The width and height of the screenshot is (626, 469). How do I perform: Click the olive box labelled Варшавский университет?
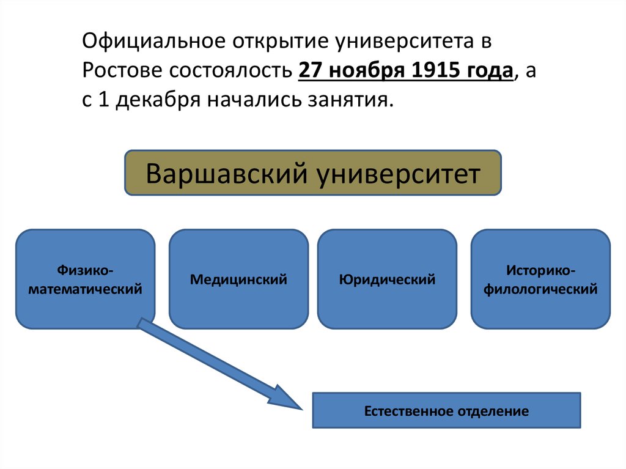(313, 173)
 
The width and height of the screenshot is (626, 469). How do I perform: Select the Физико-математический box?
(85, 279)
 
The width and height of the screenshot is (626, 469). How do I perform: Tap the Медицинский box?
(238, 279)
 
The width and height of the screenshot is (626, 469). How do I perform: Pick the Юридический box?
(387, 279)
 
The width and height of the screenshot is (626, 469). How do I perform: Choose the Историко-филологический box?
(540, 279)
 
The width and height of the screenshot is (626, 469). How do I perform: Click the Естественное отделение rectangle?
(446, 410)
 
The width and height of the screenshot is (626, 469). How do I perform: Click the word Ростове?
(119, 71)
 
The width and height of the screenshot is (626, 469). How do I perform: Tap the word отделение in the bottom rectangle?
(492, 410)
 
